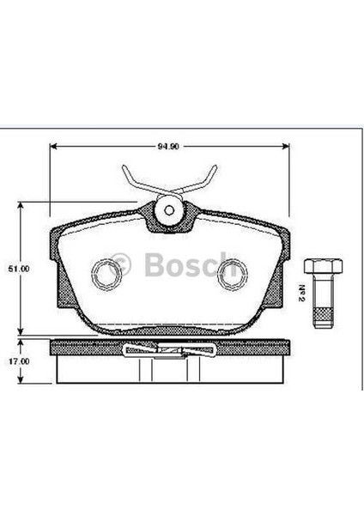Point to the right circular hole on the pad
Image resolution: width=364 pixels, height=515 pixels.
pos(230,274)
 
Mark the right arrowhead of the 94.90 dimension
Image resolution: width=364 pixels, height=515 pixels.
pos(288,145)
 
